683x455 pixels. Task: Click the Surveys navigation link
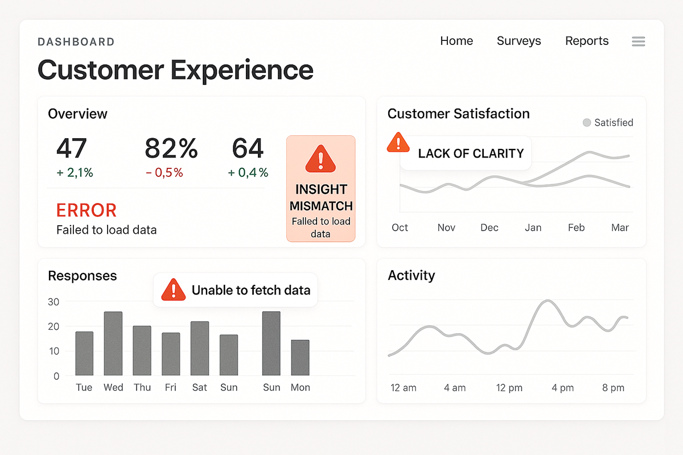pos(519,41)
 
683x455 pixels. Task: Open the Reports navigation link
pos(587,41)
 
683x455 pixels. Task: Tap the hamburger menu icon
pos(639,42)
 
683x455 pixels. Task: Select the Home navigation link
pos(456,41)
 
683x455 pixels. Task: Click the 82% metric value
pos(171,148)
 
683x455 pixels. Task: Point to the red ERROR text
pos(87,210)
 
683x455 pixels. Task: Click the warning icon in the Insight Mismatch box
pos(321,159)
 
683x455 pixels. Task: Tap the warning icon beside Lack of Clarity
pos(398,142)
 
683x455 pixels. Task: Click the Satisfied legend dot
pos(587,123)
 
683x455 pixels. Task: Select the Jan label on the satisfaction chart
pos(533,227)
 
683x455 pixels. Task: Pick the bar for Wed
pos(113,344)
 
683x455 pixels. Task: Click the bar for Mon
pos(300,358)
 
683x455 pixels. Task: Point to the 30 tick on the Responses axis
pos(53,302)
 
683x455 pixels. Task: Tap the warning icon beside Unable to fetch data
pos(174,290)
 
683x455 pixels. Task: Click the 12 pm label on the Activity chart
pos(509,388)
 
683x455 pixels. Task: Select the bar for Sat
pos(200,348)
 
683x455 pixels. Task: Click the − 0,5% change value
pos(164,173)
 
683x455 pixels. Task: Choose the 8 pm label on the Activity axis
pos(613,388)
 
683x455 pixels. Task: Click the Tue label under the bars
pos(84,387)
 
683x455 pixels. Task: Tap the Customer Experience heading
pos(175,70)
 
